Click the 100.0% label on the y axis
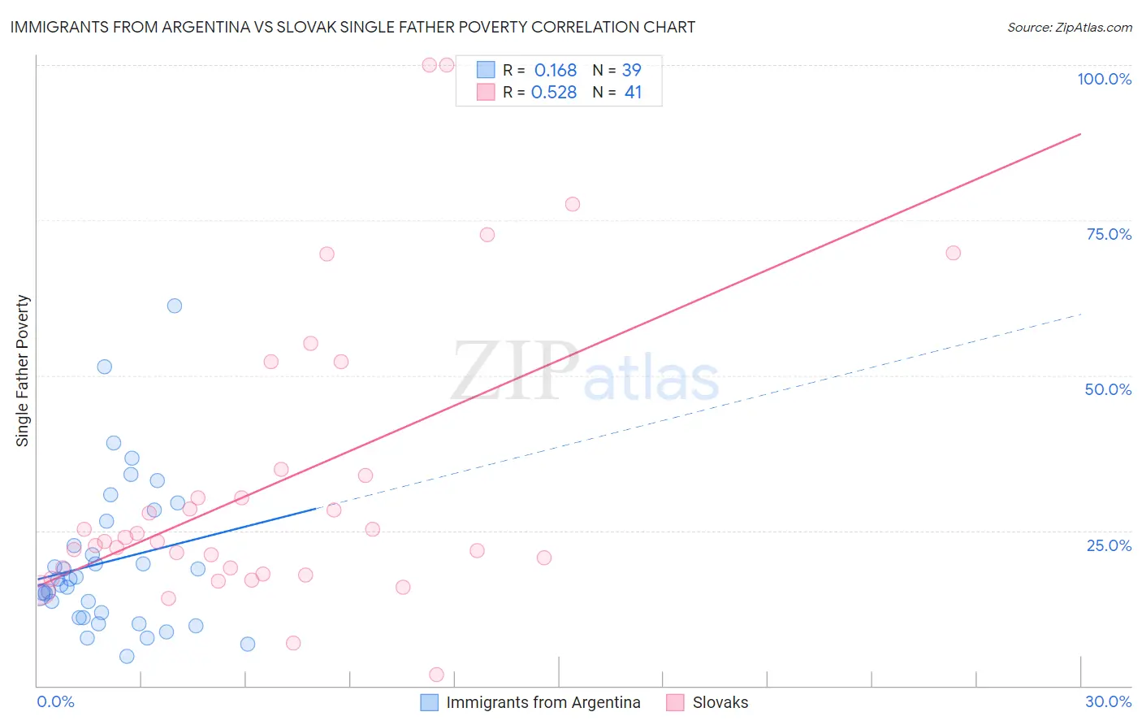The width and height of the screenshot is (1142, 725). [x=1104, y=79]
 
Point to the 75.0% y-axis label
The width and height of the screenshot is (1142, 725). [x=1109, y=234]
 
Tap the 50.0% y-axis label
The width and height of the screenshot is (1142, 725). [x=1108, y=389]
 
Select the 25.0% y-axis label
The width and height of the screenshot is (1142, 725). [x=1109, y=545]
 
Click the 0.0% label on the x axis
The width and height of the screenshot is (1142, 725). [x=55, y=701]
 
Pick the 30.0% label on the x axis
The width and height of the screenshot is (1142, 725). [x=1108, y=701]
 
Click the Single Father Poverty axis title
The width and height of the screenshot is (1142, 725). [x=23, y=371]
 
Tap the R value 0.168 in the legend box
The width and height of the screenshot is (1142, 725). [x=555, y=71]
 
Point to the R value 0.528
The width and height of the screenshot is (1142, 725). [x=553, y=93]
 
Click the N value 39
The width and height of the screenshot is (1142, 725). [x=631, y=71]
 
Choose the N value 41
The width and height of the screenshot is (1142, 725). [x=633, y=93]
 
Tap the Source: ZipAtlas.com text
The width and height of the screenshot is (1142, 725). [x=1069, y=28]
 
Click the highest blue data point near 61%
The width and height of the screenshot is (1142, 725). [x=175, y=306]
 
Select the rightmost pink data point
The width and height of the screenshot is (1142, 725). [x=954, y=253]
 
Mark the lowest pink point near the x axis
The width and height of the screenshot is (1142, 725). [x=436, y=675]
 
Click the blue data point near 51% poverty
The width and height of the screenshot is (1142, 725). [x=105, y=367]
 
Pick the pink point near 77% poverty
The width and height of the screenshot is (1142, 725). [x=573, y=204]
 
